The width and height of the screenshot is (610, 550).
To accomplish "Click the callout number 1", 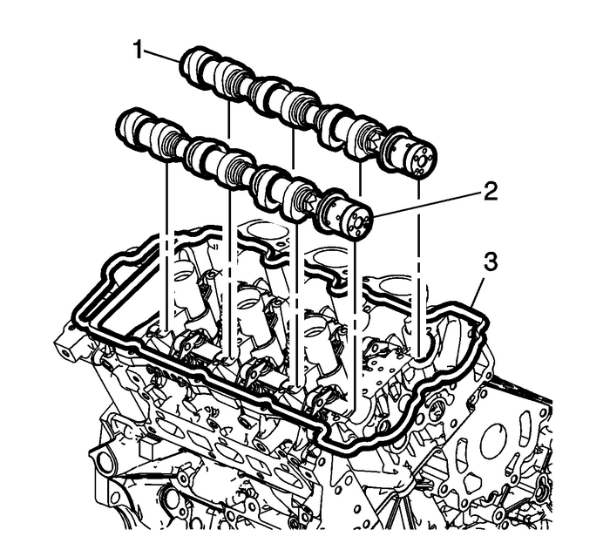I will click(138, 51).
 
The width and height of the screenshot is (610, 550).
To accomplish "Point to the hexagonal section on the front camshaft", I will click(307, 199).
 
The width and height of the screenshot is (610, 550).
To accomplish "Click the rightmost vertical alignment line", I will click(420, 261).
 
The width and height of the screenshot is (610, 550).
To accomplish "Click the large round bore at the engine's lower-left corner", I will click(102, 459).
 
